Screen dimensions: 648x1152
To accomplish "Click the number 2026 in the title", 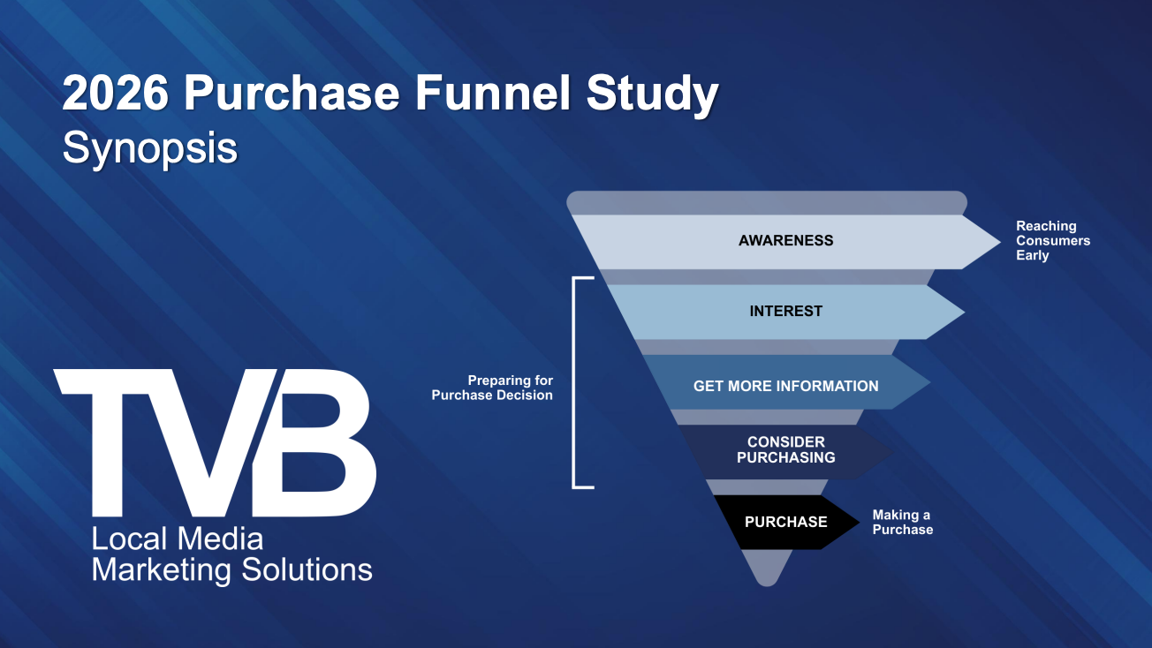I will click(x=115, y=94).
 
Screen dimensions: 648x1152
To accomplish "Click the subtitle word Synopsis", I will click(x=149, y=147).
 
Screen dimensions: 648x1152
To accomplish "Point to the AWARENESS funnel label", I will click(x=785, y=240).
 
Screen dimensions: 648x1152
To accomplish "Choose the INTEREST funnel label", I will click(x=785, y=311).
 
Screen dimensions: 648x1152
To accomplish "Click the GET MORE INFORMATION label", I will click(x=785, y=386).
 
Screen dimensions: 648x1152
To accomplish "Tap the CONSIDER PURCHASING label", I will click(x=785, y=449).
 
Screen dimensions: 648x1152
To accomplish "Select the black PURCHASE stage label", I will click(x=785, y=522).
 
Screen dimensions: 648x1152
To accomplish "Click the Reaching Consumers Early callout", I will click(x=1052, y=240).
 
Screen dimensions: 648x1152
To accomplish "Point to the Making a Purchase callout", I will click(x=902, y=522).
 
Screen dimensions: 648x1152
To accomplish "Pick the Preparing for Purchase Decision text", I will click(x=492, y=388).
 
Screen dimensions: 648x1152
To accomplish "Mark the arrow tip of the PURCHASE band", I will click(x=852, y=522).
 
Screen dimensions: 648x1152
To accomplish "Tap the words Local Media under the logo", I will click(x=178, y=539).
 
